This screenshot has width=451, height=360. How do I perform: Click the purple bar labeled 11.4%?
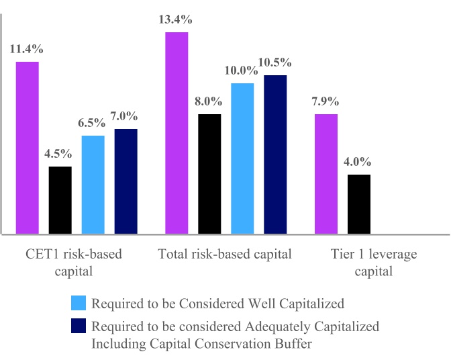click(28, 148)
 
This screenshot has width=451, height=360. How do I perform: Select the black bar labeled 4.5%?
click(60, 200)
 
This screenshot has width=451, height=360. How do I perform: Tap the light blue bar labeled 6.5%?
click(93, 185)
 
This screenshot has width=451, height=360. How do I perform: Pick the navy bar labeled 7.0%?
click(126, 181)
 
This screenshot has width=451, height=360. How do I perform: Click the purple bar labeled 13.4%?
click(177, 133)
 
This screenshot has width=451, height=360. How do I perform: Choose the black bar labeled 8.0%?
click(209, 174)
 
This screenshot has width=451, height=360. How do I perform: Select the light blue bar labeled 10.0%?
click(242, 159)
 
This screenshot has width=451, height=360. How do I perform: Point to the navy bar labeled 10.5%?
click(275, 154)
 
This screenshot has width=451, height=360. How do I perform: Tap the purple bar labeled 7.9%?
click(327, 174)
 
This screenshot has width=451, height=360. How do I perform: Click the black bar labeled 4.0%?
click(359, 204)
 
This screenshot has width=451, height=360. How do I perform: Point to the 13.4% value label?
click(177, 19)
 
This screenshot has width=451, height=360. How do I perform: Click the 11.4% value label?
click(26, 49)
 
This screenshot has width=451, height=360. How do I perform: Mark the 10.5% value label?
click(276, 62)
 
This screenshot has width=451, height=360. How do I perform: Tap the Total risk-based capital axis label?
click(225, 255)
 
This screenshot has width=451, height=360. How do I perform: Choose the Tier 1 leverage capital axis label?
click(374, 263)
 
